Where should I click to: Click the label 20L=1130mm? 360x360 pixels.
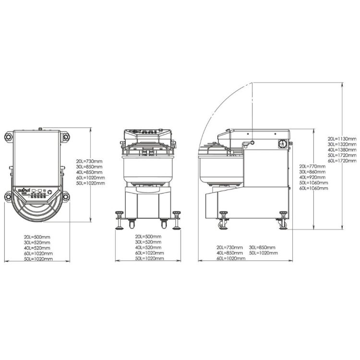click(x=342, y=139)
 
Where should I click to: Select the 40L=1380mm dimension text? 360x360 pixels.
click(x=342, y=150)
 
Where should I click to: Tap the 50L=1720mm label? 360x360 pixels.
click(x=342, y=155)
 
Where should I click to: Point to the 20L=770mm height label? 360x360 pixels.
click(x=312, y=166)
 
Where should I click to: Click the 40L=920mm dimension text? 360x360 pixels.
click(x=312, y=177)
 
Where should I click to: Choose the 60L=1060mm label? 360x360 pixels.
click(x=313, y=188)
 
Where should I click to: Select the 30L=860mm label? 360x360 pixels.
click(x=312, y=172)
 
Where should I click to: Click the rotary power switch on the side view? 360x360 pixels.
click(x=282, y=144)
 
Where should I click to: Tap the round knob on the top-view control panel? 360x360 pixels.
click(x=49, y=192)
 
